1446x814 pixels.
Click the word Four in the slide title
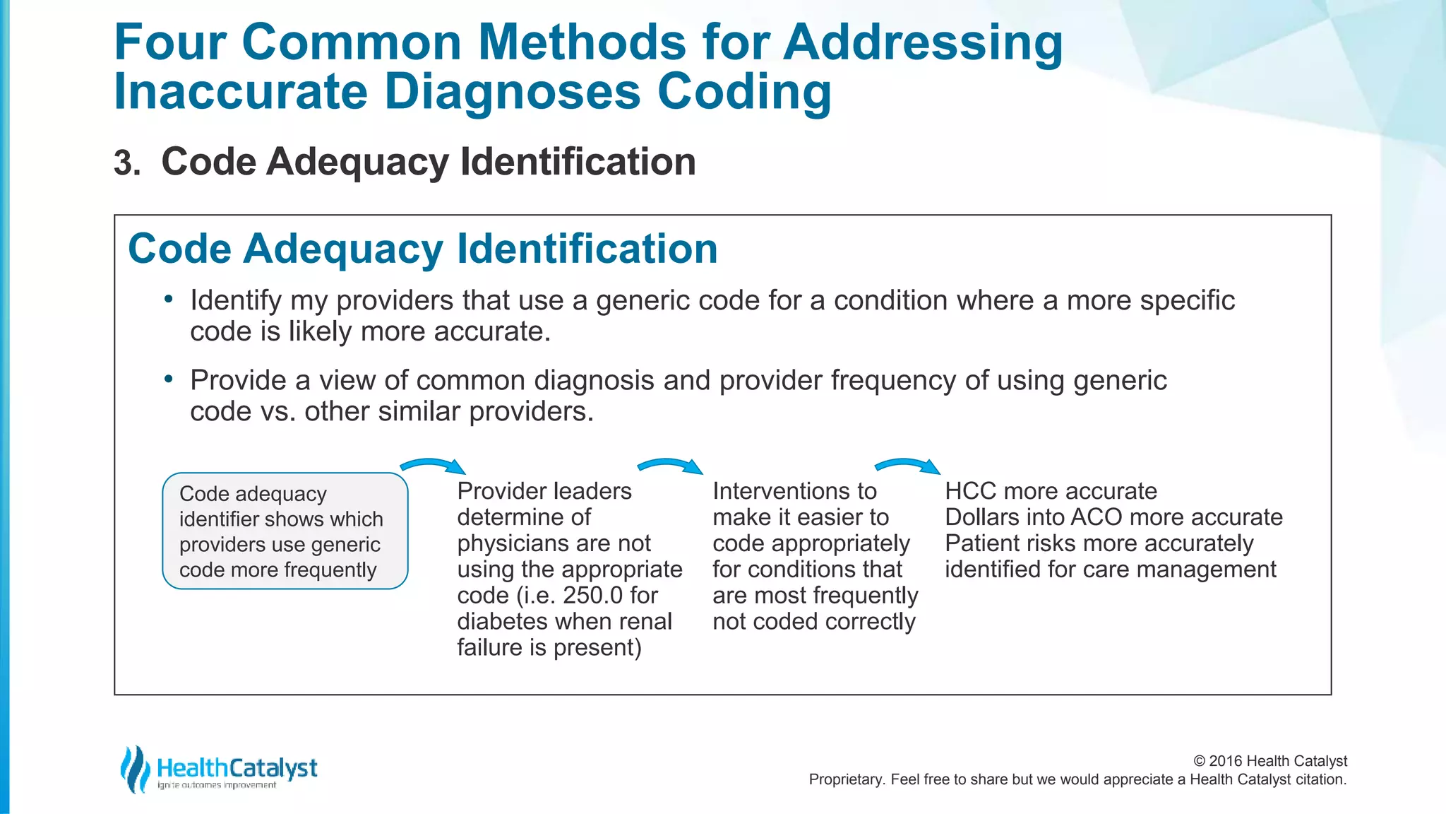click(169, 42)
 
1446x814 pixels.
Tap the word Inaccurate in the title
click(240, 93)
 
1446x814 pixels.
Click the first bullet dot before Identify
click(168, 300)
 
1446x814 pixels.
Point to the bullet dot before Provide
click(168, 379)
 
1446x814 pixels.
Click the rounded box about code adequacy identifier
click(285, 531)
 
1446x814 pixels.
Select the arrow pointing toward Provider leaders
click(433, 466)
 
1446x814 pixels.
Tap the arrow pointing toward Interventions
click(670, 466)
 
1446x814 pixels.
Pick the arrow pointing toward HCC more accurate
click(907, 466)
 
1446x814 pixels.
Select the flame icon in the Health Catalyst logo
click(134, 769)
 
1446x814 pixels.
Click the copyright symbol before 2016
click(1199, 761)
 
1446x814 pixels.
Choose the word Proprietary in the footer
click(847, 779)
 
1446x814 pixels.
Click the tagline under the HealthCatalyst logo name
click(217, 785)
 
